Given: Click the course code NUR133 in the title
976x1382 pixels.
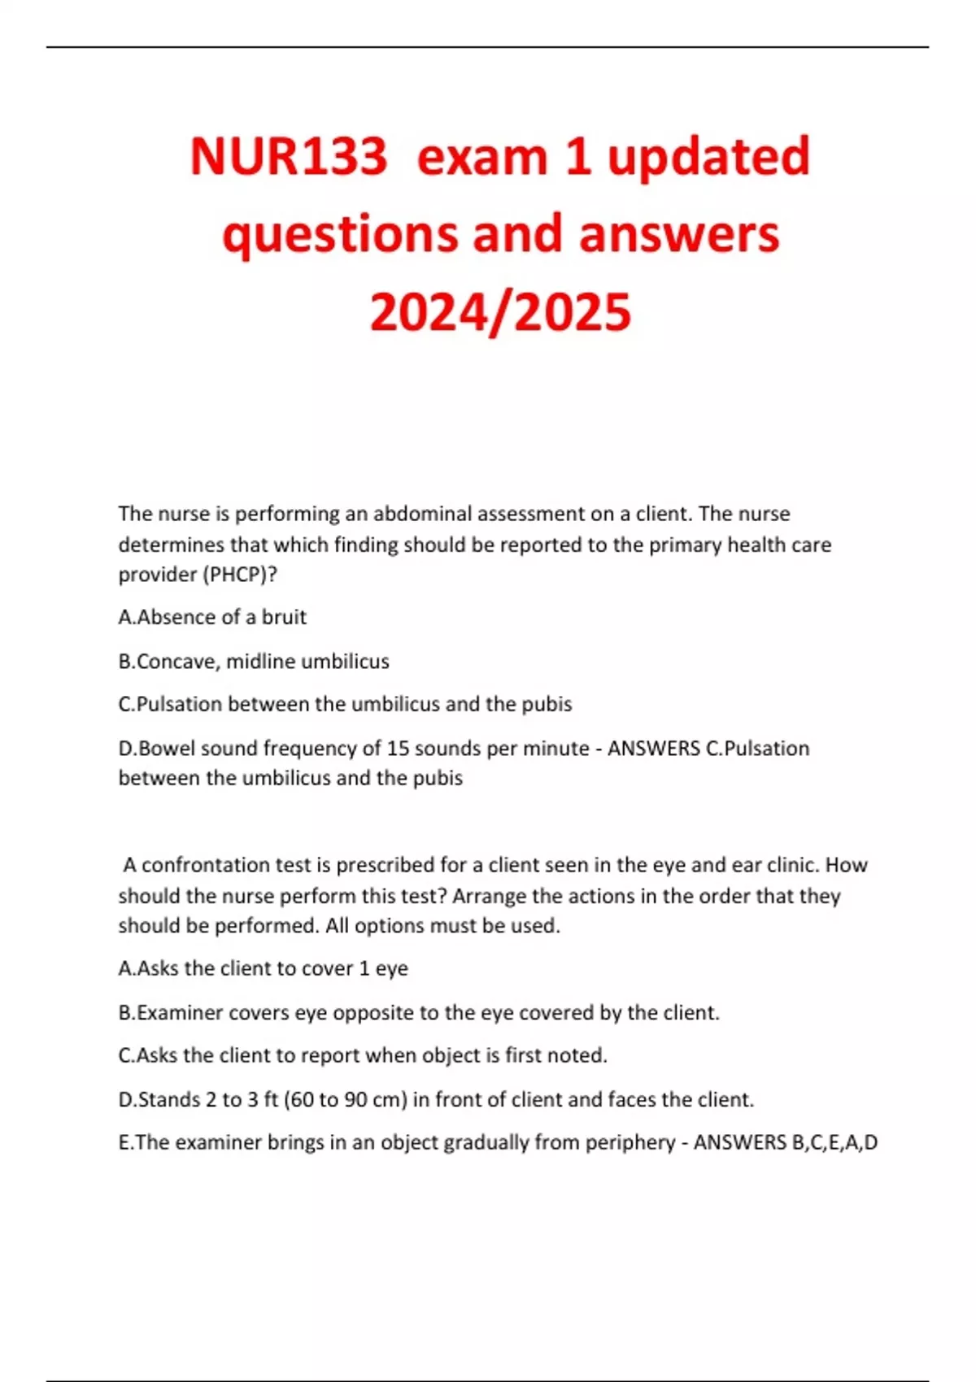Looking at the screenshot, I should (289, 156).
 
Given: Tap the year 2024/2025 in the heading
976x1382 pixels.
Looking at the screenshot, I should (500, 312).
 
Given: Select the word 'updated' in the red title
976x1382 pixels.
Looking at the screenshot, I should (708, 156).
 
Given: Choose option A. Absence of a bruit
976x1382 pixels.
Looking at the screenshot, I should (212, 617).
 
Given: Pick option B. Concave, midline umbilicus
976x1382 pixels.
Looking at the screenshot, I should (254, 661).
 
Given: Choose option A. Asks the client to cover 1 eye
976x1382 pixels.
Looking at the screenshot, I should (263, 968).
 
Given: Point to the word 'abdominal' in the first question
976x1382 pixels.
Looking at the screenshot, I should (423, 514).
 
